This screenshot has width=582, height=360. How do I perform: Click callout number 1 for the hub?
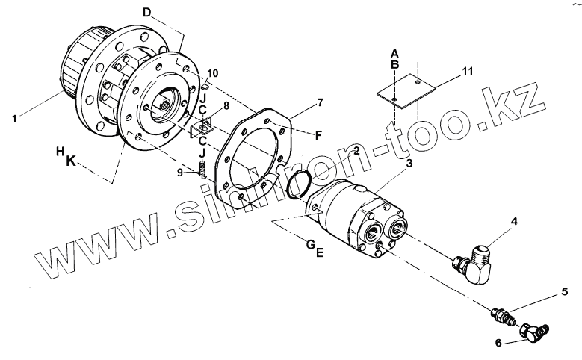click(x=15, y=117)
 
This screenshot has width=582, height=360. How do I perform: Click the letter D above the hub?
click(x=146, y=13)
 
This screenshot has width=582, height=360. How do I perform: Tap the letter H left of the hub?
click(x=59, y=152)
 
